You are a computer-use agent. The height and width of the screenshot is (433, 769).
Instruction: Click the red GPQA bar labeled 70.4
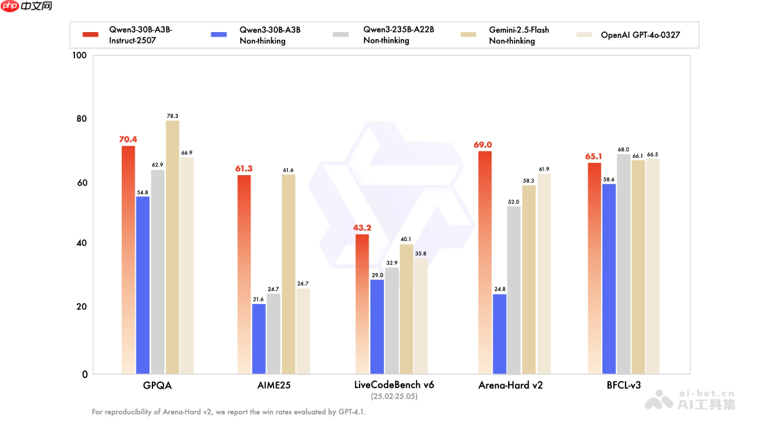point(128,260)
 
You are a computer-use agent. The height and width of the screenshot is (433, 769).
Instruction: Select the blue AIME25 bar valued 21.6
point(259,339)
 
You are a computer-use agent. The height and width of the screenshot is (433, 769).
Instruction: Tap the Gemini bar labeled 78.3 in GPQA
point(172,247)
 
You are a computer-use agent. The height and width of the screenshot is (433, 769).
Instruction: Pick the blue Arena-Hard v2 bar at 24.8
point(499,334)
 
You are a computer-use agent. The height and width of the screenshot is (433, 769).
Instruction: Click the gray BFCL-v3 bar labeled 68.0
point(624,264)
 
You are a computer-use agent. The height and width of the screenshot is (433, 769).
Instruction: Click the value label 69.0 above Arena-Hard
point(479,145)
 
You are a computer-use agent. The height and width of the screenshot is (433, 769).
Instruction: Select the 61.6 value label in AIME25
point(288,170)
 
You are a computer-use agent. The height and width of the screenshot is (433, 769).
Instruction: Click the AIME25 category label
point(274,386)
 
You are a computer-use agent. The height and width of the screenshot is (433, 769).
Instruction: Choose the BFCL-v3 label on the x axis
point(624,386)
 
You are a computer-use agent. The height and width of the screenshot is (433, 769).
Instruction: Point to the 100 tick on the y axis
point(79,56)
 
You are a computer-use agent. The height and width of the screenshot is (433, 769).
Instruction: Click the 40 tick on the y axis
point(82,244)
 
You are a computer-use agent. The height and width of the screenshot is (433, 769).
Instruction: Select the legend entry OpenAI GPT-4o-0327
point(640,35)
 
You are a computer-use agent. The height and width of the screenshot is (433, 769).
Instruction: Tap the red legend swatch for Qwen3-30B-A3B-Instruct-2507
point(90,35)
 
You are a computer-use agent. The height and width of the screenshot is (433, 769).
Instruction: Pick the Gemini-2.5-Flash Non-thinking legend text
point(518,35)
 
